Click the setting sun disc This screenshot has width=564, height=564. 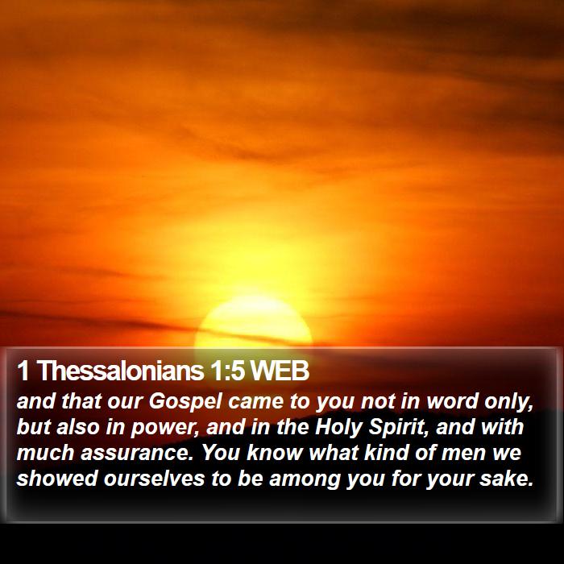click(253, 322)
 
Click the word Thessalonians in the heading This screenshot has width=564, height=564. click(120, 371)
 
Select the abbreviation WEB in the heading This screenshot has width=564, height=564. click(280, 371)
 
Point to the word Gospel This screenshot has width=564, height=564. click(185, 402)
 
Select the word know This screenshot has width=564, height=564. click(275, 453)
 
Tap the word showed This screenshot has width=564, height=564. click(57, 478)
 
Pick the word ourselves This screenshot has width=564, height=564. click(155, 479)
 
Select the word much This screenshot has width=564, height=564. click(46, 453)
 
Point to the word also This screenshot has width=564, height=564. click(78, 427)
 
